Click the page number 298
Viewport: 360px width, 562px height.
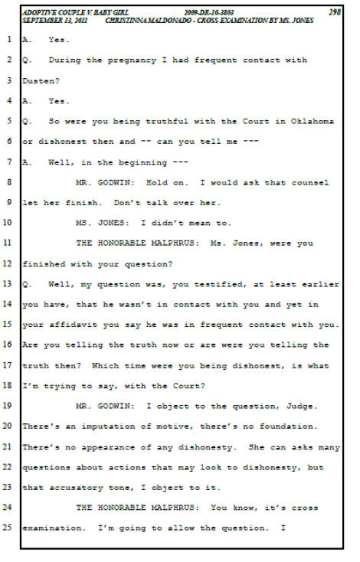point(334,11)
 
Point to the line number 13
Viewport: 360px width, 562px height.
point(7,284)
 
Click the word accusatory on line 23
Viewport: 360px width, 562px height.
point(76,488)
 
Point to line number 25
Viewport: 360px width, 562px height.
point(7,528)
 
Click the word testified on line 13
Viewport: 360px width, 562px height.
point(218,285)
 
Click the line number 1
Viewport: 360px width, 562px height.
point(9,39)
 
